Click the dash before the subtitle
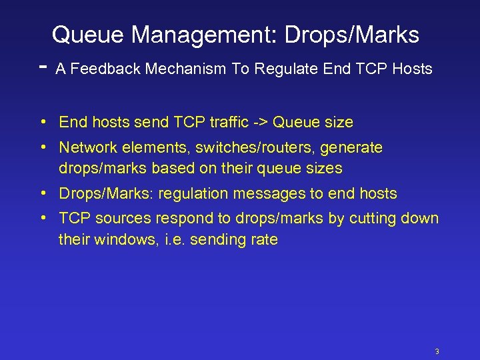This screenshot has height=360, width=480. (43, 67)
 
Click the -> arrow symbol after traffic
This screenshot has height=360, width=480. (261, 123)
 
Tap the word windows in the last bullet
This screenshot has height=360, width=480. (123, 240)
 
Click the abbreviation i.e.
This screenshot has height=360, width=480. (173, 240)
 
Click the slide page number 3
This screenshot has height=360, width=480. (437, 351)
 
